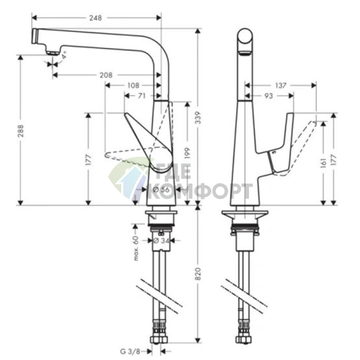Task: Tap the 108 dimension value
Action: pos(133,86)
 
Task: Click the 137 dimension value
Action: pos(281,85)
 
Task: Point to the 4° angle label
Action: pos(65,54)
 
